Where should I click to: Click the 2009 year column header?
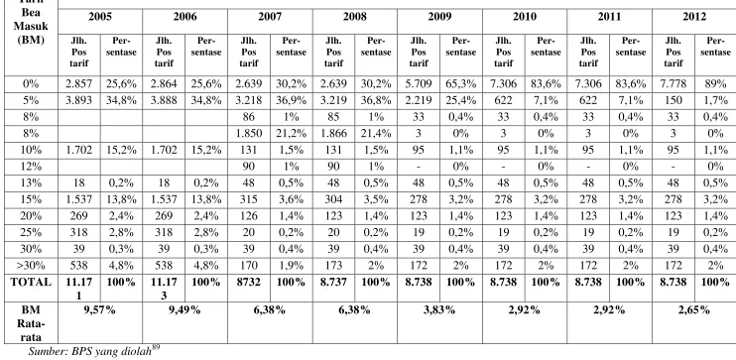pyautogui.click(x=439, y=17)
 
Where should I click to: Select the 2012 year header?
pyautogui.click(x=694, y=17)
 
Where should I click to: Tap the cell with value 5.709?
pyautogui.click(x=419, y=84)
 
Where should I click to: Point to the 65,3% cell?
pyautogui.click(x=460, y=84)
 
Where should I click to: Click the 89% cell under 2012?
pyautogui.click(x=715, y=84)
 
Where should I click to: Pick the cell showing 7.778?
pyautogui.click(x=674, y=84)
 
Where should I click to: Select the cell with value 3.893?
pyautogui.click(x=79, y=100)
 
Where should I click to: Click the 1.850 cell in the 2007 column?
pyautogui.click(x=248, y=133)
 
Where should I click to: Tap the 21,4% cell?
pyautogui.click(x=376, y=133)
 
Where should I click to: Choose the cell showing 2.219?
pyautogui.click(x=419, y=100)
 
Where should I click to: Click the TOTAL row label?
pyautogui.click(x=31, y=282)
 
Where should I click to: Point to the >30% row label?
pyautogui.click(x=31, y=266)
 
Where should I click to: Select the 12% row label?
pyautogui.click(x=31, y=167)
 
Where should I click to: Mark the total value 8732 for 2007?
pyautogui.click(x=248, y=282)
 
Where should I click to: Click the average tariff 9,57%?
pyautogui.click(x=99, y=309)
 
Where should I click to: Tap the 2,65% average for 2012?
pyautogui.click(x=694, y=309)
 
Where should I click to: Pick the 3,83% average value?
pyautogui.click(x=439, y=309)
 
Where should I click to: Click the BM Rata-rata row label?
pyautogui.click(x=31, y=323)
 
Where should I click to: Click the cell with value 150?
pyautogui.click(x=674, y=100)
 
